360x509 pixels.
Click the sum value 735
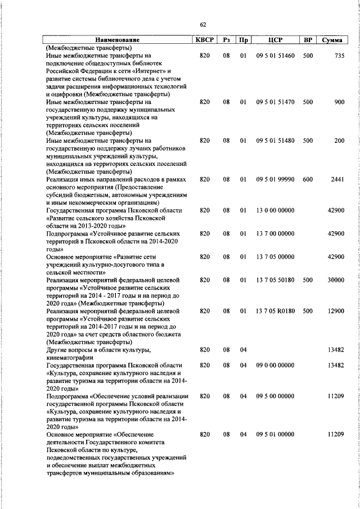(339, 56)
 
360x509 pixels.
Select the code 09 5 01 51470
(274, 103)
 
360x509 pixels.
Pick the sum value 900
(339, 103)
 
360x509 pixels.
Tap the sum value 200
(339, 141)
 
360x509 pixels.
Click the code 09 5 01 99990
(274, 179)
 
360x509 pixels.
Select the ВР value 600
(308, 179)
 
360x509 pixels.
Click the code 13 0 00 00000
(274, 210)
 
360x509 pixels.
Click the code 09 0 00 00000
(274, 365)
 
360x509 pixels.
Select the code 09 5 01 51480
(274, 141)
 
